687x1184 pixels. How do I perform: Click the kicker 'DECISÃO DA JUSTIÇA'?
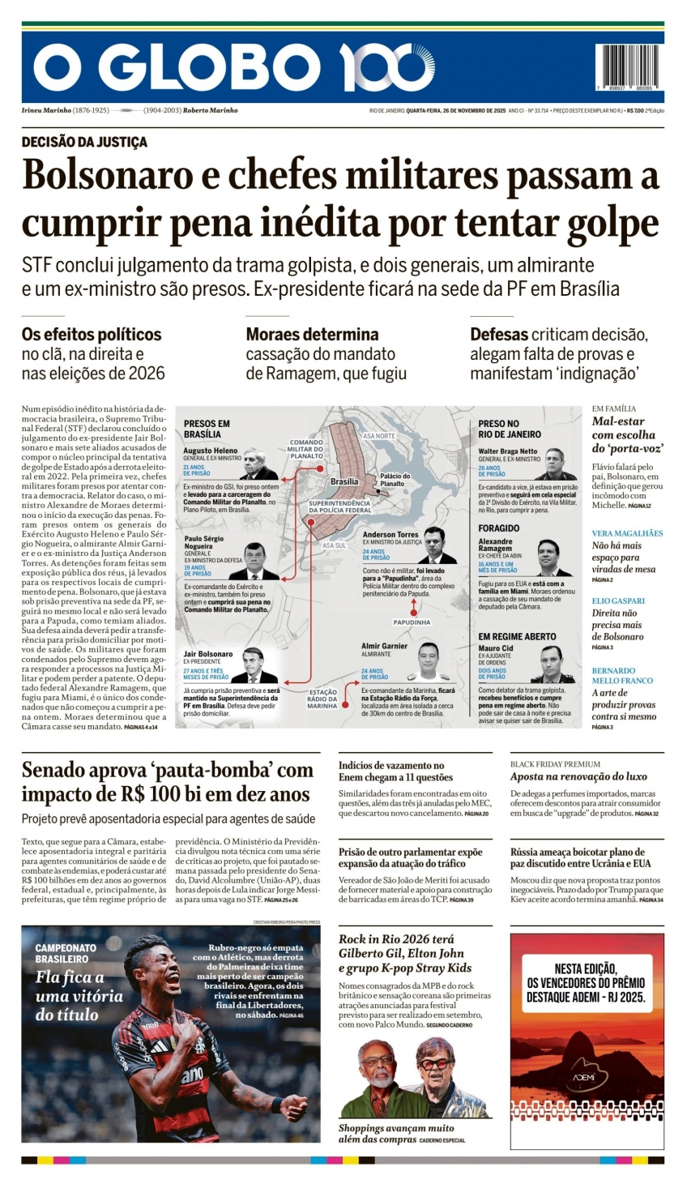[x=84, y=142]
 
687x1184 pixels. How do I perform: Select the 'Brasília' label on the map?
[x=344, y=481]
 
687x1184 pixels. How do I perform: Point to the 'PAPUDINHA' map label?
[x=412, y=622]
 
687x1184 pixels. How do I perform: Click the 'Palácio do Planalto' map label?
[x=395, y=480]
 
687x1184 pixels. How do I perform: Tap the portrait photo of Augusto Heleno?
[x=258, y=465]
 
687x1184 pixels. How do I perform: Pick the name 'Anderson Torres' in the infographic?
[x=390, y=535]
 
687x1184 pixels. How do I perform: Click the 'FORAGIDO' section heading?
[x=498, y=528]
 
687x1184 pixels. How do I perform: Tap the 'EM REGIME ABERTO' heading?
[x=517, y=637]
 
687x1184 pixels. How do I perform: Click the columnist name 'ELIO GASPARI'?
[x=618, y=601]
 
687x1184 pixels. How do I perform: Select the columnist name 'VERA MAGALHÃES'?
[x=627, y=533]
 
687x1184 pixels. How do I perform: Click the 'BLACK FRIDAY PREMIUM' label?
[x=555, y=764]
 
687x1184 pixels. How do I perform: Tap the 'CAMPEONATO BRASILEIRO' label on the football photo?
[x=66, y=953]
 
